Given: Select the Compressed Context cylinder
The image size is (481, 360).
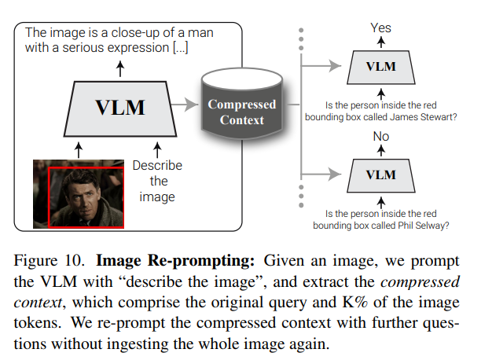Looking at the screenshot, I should pyautogui.click(x=241, y=112).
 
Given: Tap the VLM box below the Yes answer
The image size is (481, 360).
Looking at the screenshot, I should pyautogui.click(x=381, y=66).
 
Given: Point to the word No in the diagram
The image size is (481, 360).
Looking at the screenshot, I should pyautogui.click(x=381, y=136).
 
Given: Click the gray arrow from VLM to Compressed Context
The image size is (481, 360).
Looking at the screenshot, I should pyautogui.click(x=187, y=103).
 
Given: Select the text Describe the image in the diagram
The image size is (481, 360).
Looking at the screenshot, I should pyautogui.click(x=157, y=182).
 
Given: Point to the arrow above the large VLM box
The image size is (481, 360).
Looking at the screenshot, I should pyautogui.click(x=119, y=68).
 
